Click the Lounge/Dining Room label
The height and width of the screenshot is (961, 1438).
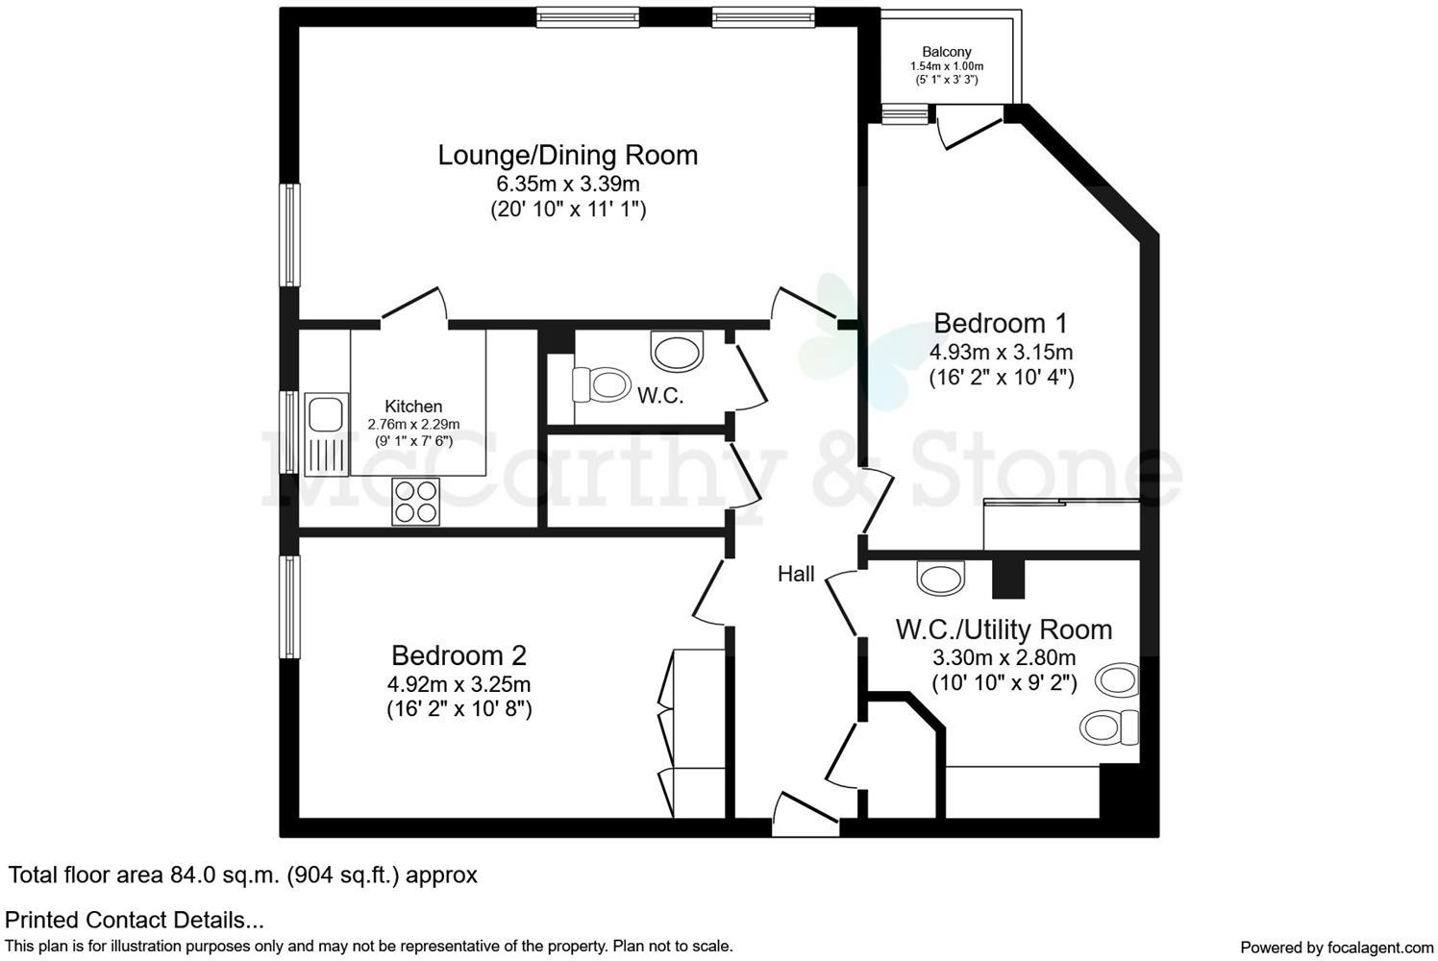(567, 155)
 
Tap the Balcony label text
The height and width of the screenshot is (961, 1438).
(946, 52)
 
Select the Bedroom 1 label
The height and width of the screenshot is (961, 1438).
(1000, 323)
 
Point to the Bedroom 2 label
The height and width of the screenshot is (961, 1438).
(459, 655)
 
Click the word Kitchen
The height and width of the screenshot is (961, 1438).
(413, 407)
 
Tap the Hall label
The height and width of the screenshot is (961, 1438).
(796, 575)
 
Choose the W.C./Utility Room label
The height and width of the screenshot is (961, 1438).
(1004, 629)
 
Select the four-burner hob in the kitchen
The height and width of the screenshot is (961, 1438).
(416, 501)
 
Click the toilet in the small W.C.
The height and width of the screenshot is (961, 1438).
(597, 385)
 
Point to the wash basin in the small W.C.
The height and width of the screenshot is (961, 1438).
(678, 351)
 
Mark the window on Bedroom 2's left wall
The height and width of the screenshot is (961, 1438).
(289, 606)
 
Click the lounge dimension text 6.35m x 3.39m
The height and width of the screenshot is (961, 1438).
(567, 183)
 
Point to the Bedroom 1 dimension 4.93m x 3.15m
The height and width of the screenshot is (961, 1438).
(1001, 351)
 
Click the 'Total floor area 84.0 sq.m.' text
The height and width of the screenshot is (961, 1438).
(243, 875)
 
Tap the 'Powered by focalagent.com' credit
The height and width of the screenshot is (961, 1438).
(1336, 947)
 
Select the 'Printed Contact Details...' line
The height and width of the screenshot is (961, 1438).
(135, 921)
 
